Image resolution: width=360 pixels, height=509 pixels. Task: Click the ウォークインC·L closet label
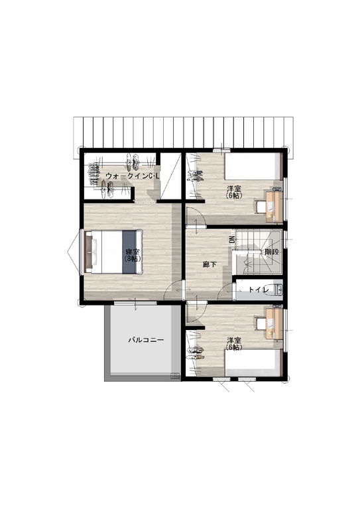tap(133, 176)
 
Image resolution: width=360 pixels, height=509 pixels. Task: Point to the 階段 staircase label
tap(272, 252)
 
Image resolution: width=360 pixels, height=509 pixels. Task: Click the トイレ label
tap(258, 290)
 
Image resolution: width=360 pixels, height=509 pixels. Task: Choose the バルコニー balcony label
tap(146, 340)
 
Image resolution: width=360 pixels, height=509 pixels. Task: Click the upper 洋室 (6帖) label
tap(234, 192)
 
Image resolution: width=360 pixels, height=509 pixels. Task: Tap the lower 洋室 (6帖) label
tap(234, 344)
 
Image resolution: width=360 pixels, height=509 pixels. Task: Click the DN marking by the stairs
tap(232, 240)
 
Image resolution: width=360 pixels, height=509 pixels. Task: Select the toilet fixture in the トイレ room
tap(278, 290)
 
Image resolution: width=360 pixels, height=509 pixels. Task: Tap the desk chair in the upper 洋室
tap(261, 207)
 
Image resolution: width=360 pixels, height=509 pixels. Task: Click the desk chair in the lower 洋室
tap(261, 324)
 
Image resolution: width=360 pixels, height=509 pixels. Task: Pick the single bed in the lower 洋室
tap(253, 363)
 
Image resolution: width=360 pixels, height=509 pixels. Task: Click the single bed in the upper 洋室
tap(253, 166)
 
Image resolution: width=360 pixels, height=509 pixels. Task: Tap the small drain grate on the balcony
tap(175, 376)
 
